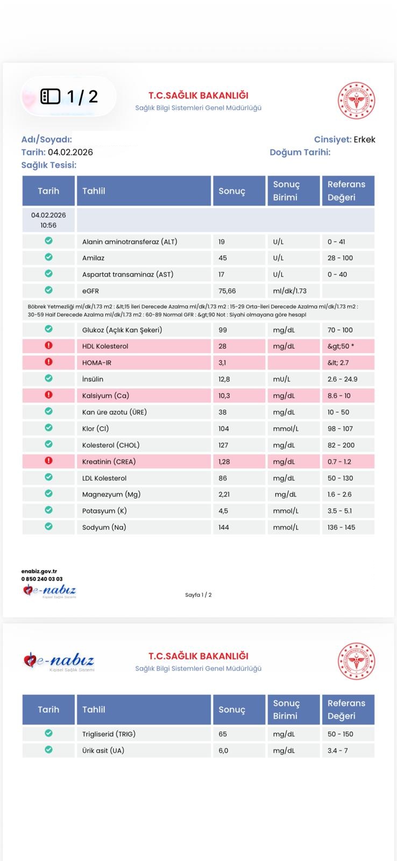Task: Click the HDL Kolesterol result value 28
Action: click(222, 347)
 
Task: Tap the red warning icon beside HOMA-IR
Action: click(48, 362)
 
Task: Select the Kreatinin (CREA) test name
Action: click(109, 462)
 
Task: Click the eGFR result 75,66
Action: click(227, 291)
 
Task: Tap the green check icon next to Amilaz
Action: click(48, 257)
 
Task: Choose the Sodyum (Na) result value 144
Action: click(224, 527)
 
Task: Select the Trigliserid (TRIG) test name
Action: click(109, 734)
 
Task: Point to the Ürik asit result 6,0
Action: click(223, 751)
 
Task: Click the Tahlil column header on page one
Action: click(94, 191)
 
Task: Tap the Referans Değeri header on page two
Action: click(346, 709)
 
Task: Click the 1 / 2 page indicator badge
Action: click(69, 96)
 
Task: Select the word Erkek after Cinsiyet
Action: click(364, 140)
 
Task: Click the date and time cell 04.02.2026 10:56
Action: click(48, 220)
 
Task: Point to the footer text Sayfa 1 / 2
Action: click(198, 595)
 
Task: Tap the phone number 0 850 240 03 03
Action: click(42, 579)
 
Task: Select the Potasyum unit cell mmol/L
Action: click(286, 511)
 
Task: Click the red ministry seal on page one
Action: click(356, 101)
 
